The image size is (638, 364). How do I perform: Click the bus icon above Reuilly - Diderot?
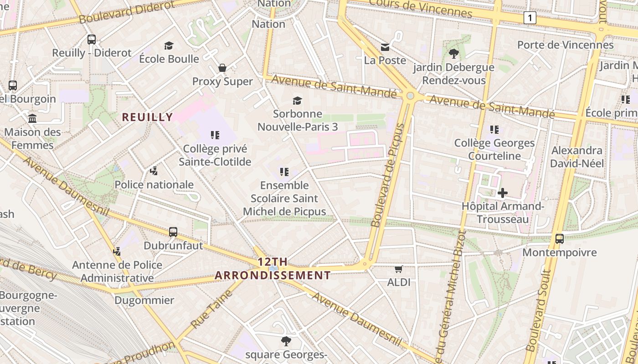(x=92, y=40)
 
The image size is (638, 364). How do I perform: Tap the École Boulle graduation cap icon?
(x=169, y=45)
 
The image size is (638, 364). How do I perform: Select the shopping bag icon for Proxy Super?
(x=222, y=68)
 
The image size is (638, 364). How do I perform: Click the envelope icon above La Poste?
(x=385, y=47)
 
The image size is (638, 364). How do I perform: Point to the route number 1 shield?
(x=530, y=18)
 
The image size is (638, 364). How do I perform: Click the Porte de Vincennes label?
(x=565, y=45)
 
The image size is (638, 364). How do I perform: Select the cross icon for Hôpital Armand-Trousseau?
(x=502, y=193)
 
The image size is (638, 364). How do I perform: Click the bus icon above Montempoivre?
(x=559, y=239)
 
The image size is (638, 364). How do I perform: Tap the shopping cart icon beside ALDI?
(x=399, y=269)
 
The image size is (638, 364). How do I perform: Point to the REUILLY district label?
(x=147, y=117)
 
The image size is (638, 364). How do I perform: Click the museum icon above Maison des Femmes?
(x=32, y=119)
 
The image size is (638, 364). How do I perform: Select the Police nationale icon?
(x=154, y=171)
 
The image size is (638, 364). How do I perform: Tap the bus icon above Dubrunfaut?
(x=173, y=232)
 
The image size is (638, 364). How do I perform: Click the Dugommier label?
(x=144, y=300)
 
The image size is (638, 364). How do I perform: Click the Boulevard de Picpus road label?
(x=388, y=175)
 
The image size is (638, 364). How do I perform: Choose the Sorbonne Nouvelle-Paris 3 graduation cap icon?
(x=298, y=101)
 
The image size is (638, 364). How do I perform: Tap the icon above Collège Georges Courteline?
(x=494, y=130)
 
